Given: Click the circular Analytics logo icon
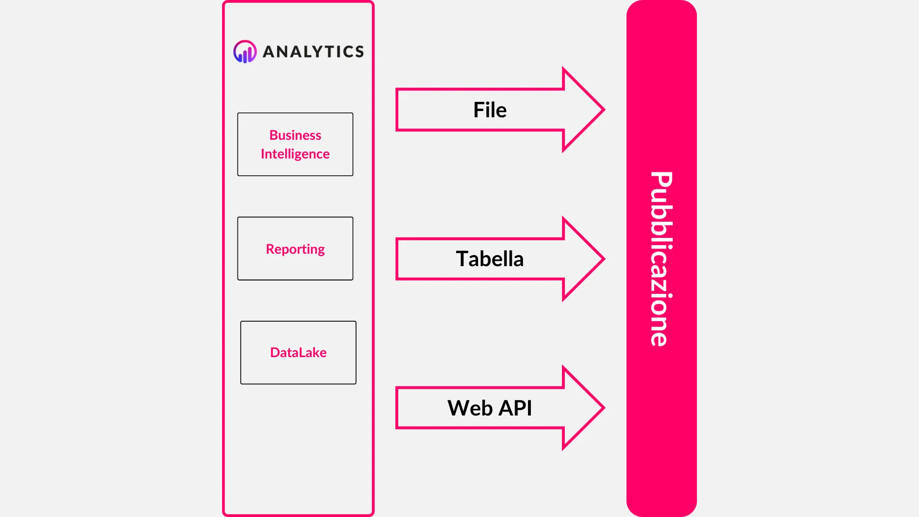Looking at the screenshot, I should tap(245, 51).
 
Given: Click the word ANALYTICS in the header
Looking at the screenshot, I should tap(314, 52).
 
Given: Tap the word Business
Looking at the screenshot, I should tap(295, 135).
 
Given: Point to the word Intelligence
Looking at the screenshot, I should tap(295, 154).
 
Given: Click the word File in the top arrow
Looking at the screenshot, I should tap(490, 110).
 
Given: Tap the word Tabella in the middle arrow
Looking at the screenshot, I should tap(490, 259).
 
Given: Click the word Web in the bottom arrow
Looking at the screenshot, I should tap(470, 408).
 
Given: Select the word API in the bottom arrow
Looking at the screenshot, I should tap(515, 408).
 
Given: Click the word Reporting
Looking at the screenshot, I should tap(295, 249).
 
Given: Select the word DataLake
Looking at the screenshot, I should tap(298, 353).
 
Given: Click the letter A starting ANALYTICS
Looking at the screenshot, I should tap(269, 52).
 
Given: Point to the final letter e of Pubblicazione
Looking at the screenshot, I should tap(660, 337).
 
